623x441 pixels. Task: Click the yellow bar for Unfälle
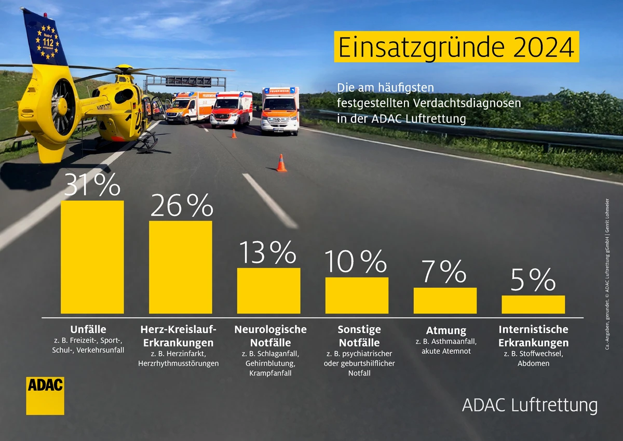click(92, 257)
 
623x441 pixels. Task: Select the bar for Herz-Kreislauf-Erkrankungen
click(181, 267)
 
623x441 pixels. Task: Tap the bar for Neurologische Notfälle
click(268, 290)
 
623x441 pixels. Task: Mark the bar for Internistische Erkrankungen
click(533, 304)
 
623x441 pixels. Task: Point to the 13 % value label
click(268, 253)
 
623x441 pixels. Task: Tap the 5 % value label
click(533, 281)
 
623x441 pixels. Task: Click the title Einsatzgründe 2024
click(456, 47)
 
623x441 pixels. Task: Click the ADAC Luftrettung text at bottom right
click(530, 405)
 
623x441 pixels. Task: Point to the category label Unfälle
click(88, 329)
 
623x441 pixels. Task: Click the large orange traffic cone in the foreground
click(281, 163)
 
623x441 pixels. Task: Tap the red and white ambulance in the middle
click(231, 110)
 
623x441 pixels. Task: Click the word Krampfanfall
click(270, 373)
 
